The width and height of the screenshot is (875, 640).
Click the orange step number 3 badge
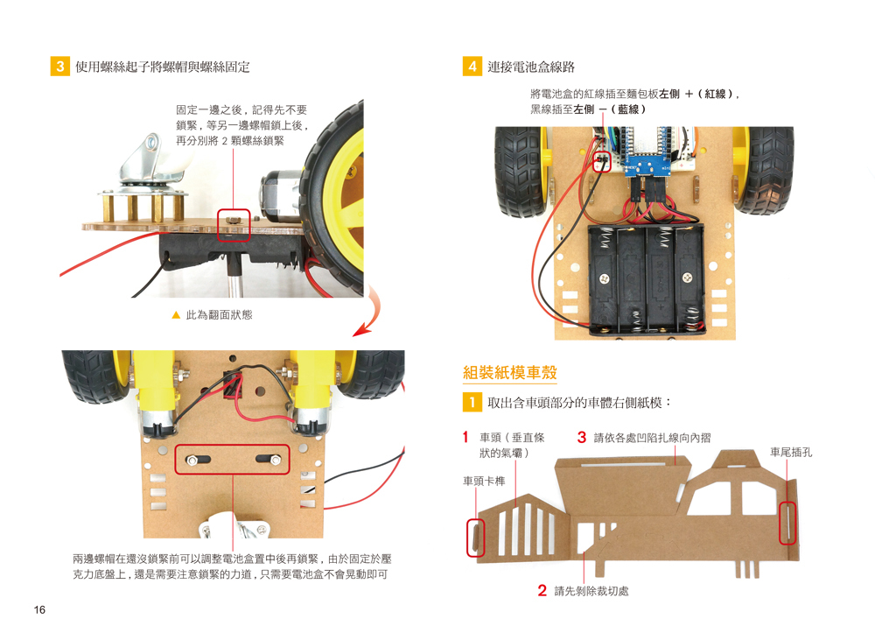tap(60, 67)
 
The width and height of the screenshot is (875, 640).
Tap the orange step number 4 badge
tap(472, 67)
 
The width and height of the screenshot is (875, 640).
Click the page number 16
tap(40, 610)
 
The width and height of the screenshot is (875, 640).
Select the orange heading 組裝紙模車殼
tap(509, 373)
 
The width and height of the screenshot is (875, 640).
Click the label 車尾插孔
tap(791, 453)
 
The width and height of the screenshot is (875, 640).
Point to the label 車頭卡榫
tap(485, 481)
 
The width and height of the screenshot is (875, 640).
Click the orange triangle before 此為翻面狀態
tap(176, 315)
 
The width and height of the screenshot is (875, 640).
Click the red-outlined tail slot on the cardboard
tap(788, 523)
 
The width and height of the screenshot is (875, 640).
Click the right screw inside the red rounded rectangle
tap(272, 459)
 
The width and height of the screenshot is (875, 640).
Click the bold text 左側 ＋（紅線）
tap(699, 94)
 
